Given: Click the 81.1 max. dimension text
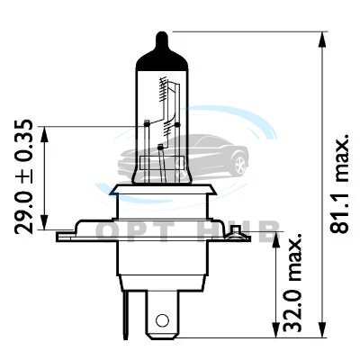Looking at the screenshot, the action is [339, 183].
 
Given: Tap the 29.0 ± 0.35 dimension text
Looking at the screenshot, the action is [23, 177].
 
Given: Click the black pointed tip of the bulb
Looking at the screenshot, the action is [162, 40].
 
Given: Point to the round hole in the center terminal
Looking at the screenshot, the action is [162, 319].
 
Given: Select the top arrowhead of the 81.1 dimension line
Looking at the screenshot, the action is [322, 40].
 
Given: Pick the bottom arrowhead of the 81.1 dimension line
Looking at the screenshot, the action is [322, 329].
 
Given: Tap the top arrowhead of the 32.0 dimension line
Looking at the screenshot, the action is [276, 240].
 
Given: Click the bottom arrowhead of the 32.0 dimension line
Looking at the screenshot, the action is [276, 329].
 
